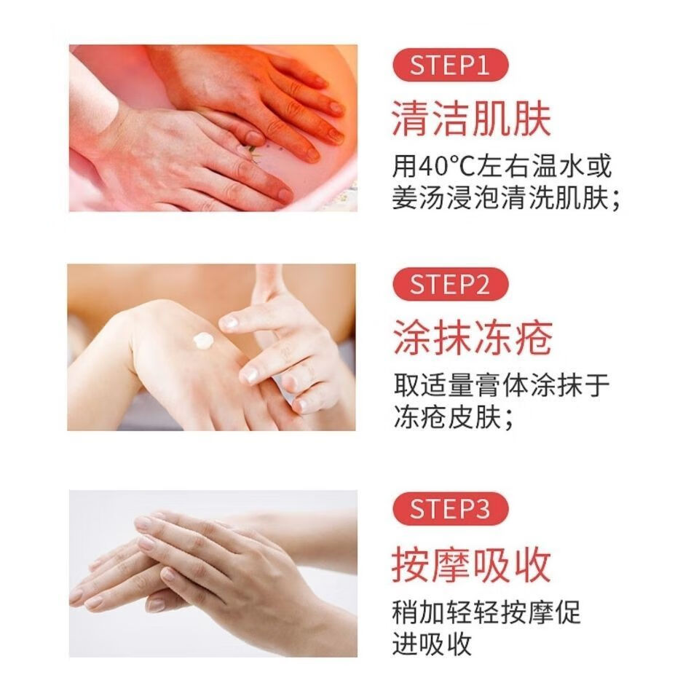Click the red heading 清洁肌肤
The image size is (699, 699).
tap(471, 119)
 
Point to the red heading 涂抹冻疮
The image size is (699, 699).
tap(471, 337)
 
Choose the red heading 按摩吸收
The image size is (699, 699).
tap(471, 563)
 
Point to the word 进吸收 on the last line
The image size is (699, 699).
tap(433, 644)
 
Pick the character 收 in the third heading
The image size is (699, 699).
tap(532, 563)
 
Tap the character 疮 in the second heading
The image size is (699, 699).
tap(532, 337)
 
